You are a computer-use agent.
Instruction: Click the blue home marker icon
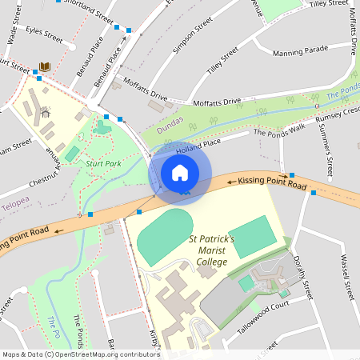pyautogui.click(x=180, y=173)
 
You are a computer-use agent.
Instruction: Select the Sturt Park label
pyautogui.click(x=103, y=163)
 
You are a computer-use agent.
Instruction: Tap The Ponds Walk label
pyautogui.click(x=279, y=129)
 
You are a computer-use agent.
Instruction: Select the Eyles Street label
pyautogui.click(x=44, y=35)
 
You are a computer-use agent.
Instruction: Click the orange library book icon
pyautogui.click(x=46, y=66)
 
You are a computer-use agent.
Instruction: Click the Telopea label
pyautogui.click(x=17, y=204)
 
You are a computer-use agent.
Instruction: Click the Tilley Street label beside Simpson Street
pyautogui.click(x=222, y=62)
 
